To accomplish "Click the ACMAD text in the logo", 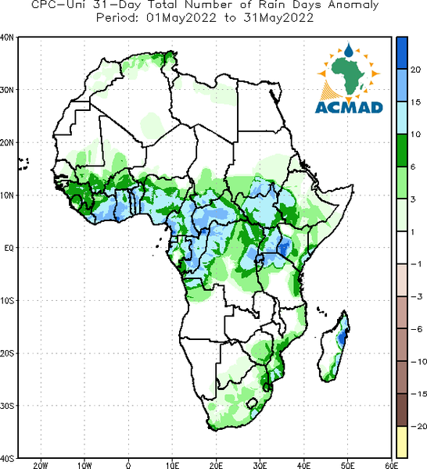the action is point(349,107).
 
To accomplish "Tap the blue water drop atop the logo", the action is point(348,50).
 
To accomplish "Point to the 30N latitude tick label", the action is point(6,90).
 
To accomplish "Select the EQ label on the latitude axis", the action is point(9,248).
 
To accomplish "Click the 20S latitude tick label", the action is point(6,353).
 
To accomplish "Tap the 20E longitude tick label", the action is point(216,465).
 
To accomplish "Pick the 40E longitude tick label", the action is point(303,465).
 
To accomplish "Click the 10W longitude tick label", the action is point(84,465).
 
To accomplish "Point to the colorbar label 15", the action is point(415,102).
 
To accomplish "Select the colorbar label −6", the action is point(416,329).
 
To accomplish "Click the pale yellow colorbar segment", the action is point(402,442).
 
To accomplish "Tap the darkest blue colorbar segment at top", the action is point(402,53).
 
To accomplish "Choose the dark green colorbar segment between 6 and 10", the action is point(402,150).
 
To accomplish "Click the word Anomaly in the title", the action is point(353,5).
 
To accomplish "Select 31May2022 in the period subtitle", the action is point(278,18).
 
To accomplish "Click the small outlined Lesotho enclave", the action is point(252,403).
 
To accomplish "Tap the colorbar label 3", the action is point(413,199).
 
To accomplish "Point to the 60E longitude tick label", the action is point(392,465).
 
